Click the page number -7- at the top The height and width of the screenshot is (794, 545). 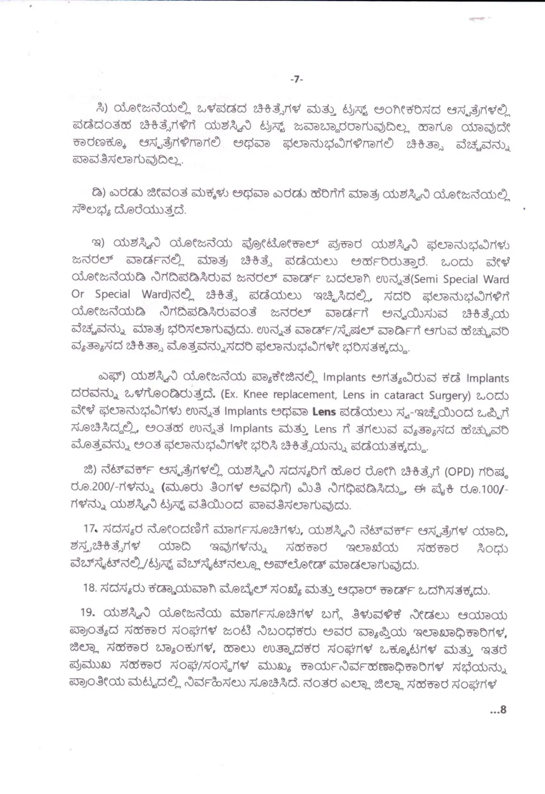297,79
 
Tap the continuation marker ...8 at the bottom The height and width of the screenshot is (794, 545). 498,710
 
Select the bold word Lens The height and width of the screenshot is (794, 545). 324,412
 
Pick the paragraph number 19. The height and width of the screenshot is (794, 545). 88,613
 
